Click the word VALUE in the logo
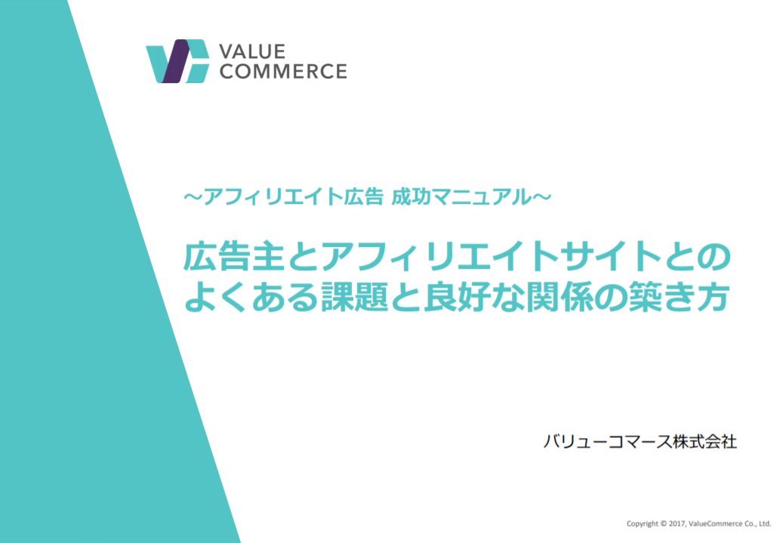point(252,51)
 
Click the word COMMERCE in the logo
point(283,72)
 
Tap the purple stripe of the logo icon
point(175,61)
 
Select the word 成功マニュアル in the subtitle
point(462,197)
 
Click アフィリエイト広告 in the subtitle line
point(293,197)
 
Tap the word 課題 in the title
point(355,297)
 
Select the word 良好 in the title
point(458,297)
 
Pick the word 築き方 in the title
point(680,297)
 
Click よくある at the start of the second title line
point(251,297)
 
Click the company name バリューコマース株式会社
point(640,442)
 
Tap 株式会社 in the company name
point(704,442)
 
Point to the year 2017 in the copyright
point(677,523)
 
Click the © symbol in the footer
point(663,523)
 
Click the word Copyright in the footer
point(642,524)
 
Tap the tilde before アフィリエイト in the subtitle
point(193,197)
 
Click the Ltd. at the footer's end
point(766,523)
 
